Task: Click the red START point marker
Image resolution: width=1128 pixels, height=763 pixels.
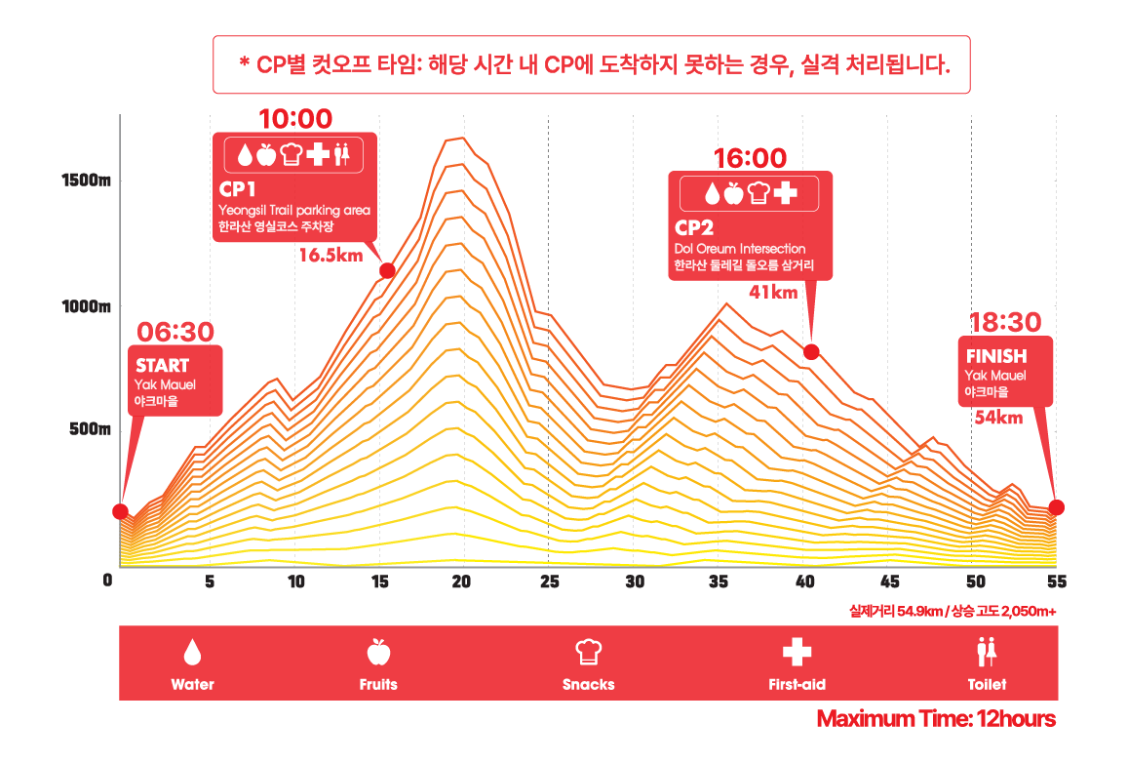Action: click(x=120, y=511)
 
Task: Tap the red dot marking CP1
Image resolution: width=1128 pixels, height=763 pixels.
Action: click(x=387, y=270)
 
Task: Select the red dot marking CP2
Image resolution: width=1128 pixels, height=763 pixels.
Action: click(x=811, y=351)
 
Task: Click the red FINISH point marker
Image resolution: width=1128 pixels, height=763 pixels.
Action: click(x=1057, y=507)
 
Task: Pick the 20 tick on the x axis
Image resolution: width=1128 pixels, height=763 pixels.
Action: click(x=462, y=582)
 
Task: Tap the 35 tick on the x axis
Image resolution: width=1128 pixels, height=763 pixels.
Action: click(x=720, y=582)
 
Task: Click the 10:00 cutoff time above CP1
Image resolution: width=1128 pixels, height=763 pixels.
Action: click(x=295, y=119)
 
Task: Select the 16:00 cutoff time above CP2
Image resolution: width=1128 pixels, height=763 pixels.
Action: click(x=750, y=158)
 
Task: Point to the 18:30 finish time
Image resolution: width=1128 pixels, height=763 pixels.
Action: click(x=1006, y=322)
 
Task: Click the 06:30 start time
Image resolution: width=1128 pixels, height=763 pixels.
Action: click(x=175, y=332)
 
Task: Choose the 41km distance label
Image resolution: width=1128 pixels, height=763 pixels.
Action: click(x=774, y=292)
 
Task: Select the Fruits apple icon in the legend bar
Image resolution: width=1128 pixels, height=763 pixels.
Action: click(x=377, y=650)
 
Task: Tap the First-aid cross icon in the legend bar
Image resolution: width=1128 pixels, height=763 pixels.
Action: click(x=797, y=651)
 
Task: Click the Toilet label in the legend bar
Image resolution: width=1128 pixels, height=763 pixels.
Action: click(x=987, y=684)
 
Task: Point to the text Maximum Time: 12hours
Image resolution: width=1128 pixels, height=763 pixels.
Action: click(x=936, y=720)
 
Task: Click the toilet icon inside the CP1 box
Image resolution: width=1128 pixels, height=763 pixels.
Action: click(x=341, y=154)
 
